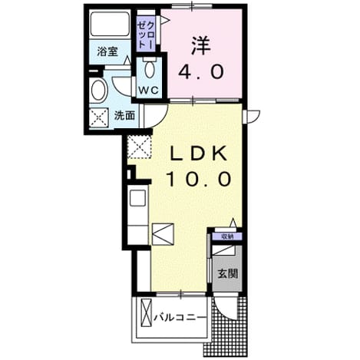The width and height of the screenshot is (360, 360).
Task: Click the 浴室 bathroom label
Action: [107, 51]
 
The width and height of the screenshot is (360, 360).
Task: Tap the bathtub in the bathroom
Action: [110, 24]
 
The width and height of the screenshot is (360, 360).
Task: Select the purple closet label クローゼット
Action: [146, 35]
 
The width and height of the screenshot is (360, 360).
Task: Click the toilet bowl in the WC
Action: [150, 68]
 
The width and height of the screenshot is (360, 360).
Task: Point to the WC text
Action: [149, 90]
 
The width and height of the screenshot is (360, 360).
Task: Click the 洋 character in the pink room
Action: [201, 46]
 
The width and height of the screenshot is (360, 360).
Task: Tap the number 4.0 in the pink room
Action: [201, 71]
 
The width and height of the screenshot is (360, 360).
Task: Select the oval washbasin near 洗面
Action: [98, 91]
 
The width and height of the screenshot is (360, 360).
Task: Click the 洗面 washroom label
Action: [124, 116]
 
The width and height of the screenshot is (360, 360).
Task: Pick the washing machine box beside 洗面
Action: [99, 117]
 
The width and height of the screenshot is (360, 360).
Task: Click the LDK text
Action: [198, 154]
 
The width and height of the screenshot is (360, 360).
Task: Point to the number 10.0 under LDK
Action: [200, 179]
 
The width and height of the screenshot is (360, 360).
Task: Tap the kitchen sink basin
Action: [137, 198]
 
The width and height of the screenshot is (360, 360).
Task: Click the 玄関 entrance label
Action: [228, 274]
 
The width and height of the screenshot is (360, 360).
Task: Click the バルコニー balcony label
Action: [180, 318]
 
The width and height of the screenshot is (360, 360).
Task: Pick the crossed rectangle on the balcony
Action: [147, 313]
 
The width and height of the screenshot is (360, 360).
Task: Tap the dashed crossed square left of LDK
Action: [140, 147]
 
